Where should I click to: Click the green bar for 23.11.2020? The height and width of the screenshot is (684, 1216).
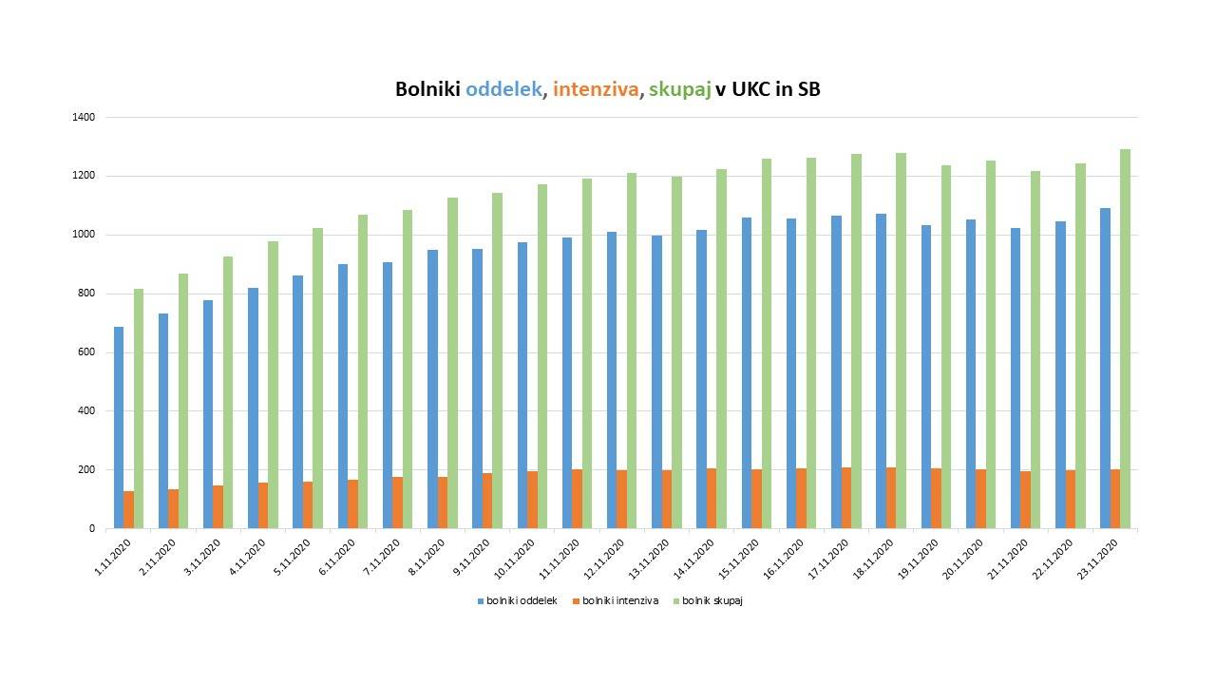[1126, 338]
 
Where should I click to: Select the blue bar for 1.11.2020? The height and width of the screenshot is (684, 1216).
[119, 427]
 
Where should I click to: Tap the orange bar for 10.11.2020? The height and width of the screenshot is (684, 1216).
[532, 500]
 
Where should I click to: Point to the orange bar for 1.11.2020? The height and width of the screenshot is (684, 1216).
[128, 509]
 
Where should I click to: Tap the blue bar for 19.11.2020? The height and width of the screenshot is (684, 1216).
[926, 376]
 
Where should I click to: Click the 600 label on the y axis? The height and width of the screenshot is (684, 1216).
[86, 352]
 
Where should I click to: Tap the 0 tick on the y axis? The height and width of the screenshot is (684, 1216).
[92, 528]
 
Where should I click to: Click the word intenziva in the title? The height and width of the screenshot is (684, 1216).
[596, 90]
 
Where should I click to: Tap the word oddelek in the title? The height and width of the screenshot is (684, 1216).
[504, 90]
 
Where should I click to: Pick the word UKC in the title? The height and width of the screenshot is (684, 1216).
[751, 90]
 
